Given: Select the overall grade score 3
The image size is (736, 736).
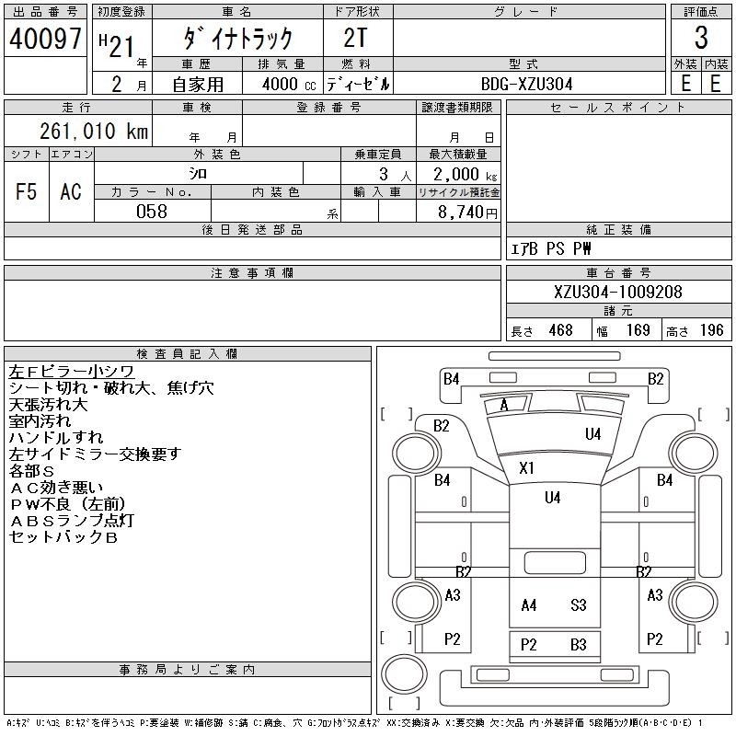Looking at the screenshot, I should coord(701,39).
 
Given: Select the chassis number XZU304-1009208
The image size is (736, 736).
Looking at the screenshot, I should coord(618,293).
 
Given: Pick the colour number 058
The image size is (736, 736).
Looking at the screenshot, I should coord(152,212).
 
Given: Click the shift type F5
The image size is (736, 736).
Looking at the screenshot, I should coord(26,191).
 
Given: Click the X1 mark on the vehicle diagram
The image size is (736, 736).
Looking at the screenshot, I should coord(526,468).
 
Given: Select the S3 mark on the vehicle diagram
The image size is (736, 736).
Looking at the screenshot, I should coord(578,605).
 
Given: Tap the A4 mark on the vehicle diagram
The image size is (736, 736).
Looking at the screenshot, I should coord(529,605).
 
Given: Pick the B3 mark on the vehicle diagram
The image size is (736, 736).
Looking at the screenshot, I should coord(578,645).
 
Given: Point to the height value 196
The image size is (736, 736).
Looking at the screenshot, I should coord(711,330).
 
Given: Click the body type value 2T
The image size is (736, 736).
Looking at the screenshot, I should coord(357,39).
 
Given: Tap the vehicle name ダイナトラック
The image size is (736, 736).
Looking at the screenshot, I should coord(237,39).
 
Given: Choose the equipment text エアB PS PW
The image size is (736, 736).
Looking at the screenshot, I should coord(551,249).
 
